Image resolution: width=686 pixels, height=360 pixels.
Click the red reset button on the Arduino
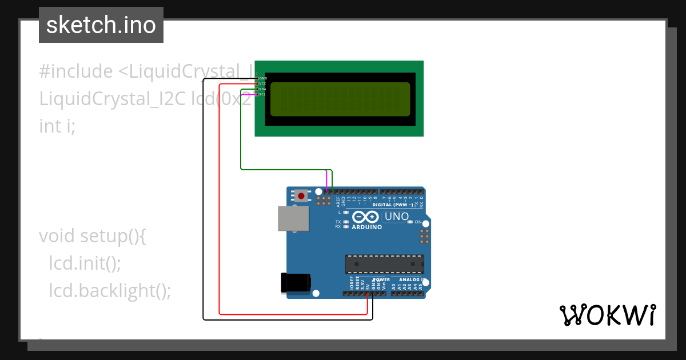tap(301, 196)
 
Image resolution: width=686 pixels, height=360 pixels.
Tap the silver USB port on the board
tap(293, 219)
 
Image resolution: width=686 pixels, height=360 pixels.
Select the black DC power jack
tap(296, 283)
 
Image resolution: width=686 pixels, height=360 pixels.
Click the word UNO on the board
tap(396, 217)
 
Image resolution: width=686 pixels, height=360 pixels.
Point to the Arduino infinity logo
tap(366, 217)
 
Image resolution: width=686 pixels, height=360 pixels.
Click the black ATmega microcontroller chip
tap(385, 265)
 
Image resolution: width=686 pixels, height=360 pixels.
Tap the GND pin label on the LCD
tap(263, 78)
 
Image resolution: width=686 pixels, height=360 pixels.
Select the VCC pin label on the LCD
tap(263, 83)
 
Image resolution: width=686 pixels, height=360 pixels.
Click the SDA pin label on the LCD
tap(263, 89)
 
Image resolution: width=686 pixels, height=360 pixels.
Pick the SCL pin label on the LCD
tap(263, 94)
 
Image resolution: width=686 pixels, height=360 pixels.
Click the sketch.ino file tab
tap(101, 25)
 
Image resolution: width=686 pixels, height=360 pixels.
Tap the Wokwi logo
tap(607, 315)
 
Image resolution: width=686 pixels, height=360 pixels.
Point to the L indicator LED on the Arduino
tap(346, 212)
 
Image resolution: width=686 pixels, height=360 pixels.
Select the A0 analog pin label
tap(393, 286)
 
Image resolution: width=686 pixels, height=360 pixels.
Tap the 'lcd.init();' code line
tap(85, 263)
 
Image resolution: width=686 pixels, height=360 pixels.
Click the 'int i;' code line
tap(57, 126)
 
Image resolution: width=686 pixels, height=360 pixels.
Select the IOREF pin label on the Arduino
tap(352, 283)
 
